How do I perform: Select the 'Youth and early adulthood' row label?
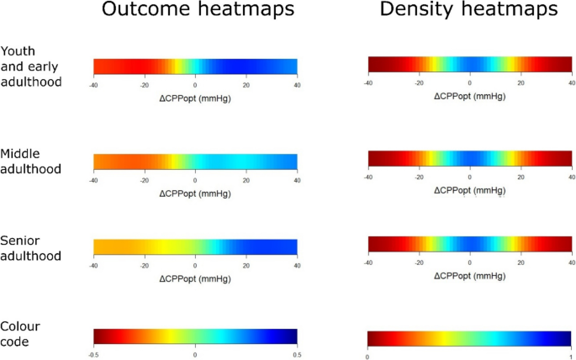click(31, 66)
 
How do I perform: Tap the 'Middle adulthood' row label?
click(31, 161)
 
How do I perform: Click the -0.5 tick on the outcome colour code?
click(93, 355)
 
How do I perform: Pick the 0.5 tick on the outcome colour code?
click(297, 355)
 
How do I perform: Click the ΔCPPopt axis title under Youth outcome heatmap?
click(195, 98)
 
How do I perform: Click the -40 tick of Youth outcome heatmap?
click(93, 86)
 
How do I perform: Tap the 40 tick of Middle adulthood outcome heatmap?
click(297, 180)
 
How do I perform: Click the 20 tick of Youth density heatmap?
click(521, 84)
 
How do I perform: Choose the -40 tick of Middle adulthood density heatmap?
click(368, 177)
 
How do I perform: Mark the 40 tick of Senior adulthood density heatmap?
click(571, 262)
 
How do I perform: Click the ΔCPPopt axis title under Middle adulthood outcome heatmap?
click(195, 193)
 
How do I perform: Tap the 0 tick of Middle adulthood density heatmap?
click(469, 177)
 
